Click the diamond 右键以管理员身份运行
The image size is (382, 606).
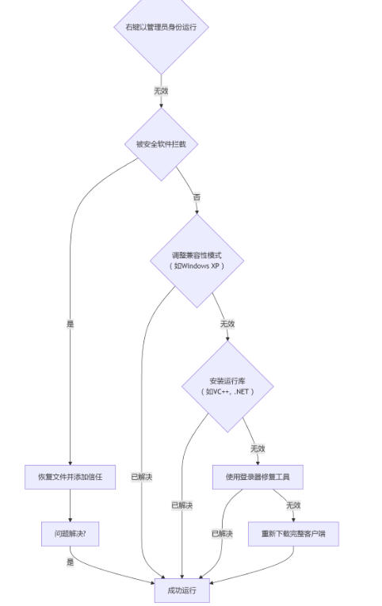point(161,27)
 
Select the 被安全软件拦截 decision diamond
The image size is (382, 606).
point(161,144)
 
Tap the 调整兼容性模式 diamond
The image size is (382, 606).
point(197,261)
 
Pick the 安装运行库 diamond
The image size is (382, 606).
point(227,386)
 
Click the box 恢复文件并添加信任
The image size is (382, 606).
point(70,477)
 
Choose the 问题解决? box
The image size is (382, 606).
point(70,534)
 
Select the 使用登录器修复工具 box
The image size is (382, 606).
point(258,477)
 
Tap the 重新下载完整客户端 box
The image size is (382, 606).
point(293,534)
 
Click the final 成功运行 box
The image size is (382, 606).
point(181,590)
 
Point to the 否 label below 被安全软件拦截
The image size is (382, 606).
point(197,197)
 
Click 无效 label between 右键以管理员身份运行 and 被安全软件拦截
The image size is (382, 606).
point(161,90)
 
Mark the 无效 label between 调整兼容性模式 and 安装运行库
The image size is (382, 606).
point(227,323)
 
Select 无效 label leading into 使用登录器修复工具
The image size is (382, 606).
point(258,448)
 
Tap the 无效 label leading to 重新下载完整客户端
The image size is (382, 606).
point(293,505)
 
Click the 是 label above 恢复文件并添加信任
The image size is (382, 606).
point(70,323)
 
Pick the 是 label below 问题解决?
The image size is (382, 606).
point(70,562)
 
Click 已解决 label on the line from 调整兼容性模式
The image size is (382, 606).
point(142,477)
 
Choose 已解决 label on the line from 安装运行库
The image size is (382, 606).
point(181,505)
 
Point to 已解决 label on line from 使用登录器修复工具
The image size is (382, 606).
point(222,534)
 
